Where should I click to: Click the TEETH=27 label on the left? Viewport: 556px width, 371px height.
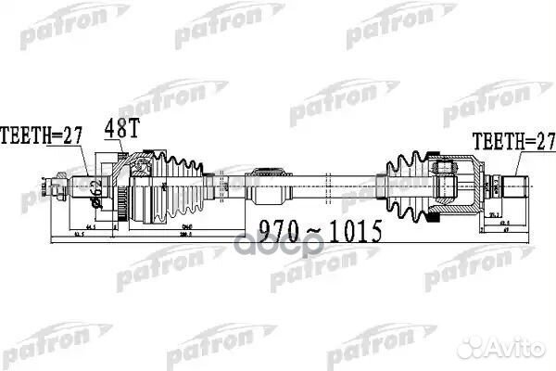pos(42,134)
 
